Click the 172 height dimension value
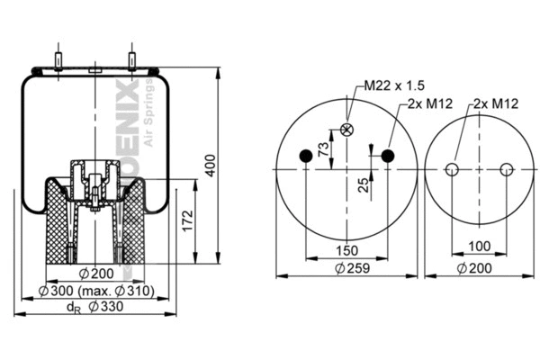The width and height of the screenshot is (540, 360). click(x=188, y=220)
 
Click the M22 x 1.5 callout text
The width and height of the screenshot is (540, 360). click(x=393, y=85)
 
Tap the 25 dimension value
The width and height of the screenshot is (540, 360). click(x=364, y=184)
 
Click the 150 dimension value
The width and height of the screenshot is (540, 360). click(x=347, y=250)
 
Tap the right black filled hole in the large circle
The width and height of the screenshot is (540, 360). click(x=387, y=157)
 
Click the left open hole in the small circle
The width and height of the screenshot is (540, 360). click(x=454, y=169)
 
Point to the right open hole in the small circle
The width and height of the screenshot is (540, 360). click(x=507, y=169)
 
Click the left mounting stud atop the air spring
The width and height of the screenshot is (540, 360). click(x=58, y=58)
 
